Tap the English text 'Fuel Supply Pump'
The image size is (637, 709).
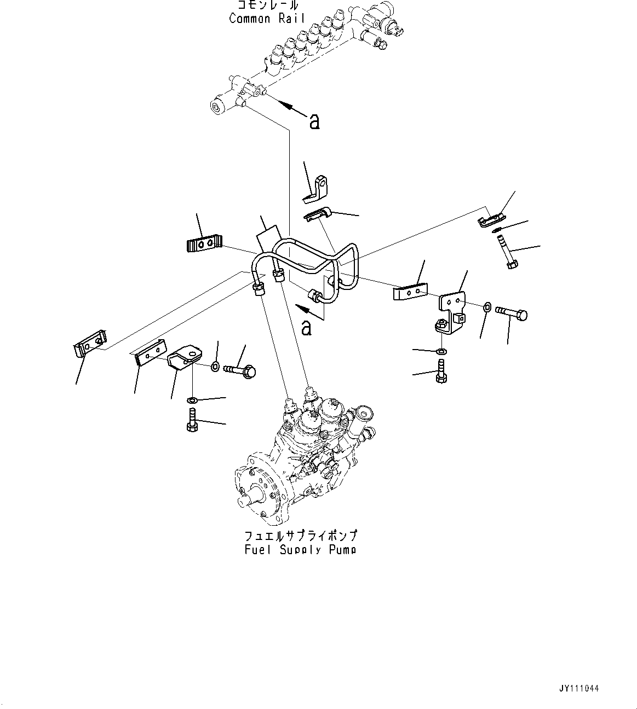[x=301, y=549]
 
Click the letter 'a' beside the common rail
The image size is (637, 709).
[x=314, y=121]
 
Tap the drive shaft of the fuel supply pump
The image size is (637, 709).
[x=246, y=500]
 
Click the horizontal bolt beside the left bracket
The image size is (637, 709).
[x=240, y=371]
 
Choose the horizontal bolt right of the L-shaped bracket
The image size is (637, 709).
[x=512, y=313]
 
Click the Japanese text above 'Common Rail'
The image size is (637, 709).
[x=268, y=5]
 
